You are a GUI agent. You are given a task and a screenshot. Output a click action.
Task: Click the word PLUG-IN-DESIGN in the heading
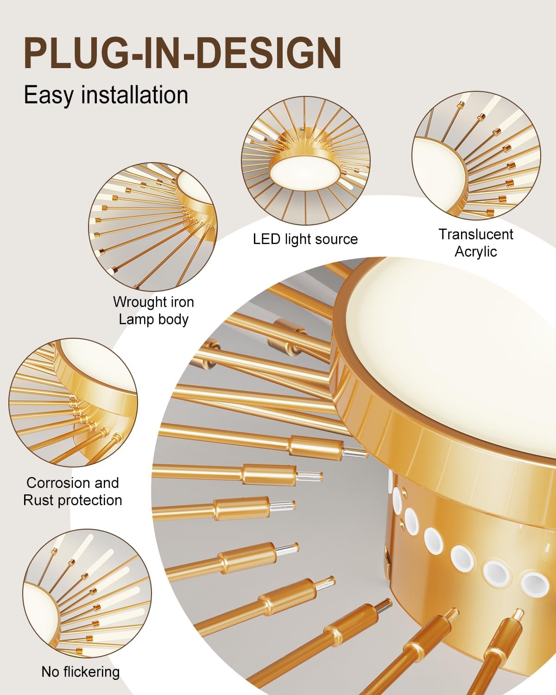tap(183, 53)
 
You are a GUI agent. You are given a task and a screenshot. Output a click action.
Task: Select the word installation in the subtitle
tap(134, 95)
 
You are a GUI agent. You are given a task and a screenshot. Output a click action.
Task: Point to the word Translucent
tap(476, 234)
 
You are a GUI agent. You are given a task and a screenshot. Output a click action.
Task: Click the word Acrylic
tap(475, 252)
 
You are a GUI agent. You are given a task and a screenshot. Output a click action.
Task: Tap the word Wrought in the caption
tap(139, 303)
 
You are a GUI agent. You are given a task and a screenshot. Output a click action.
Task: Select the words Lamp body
tap(153, 319)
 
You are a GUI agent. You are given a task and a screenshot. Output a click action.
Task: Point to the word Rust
tap(35, 500)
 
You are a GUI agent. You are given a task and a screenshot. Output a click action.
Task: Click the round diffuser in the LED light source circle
tap(305, 171)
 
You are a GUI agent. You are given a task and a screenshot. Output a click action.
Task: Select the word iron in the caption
tap(182, 303)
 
